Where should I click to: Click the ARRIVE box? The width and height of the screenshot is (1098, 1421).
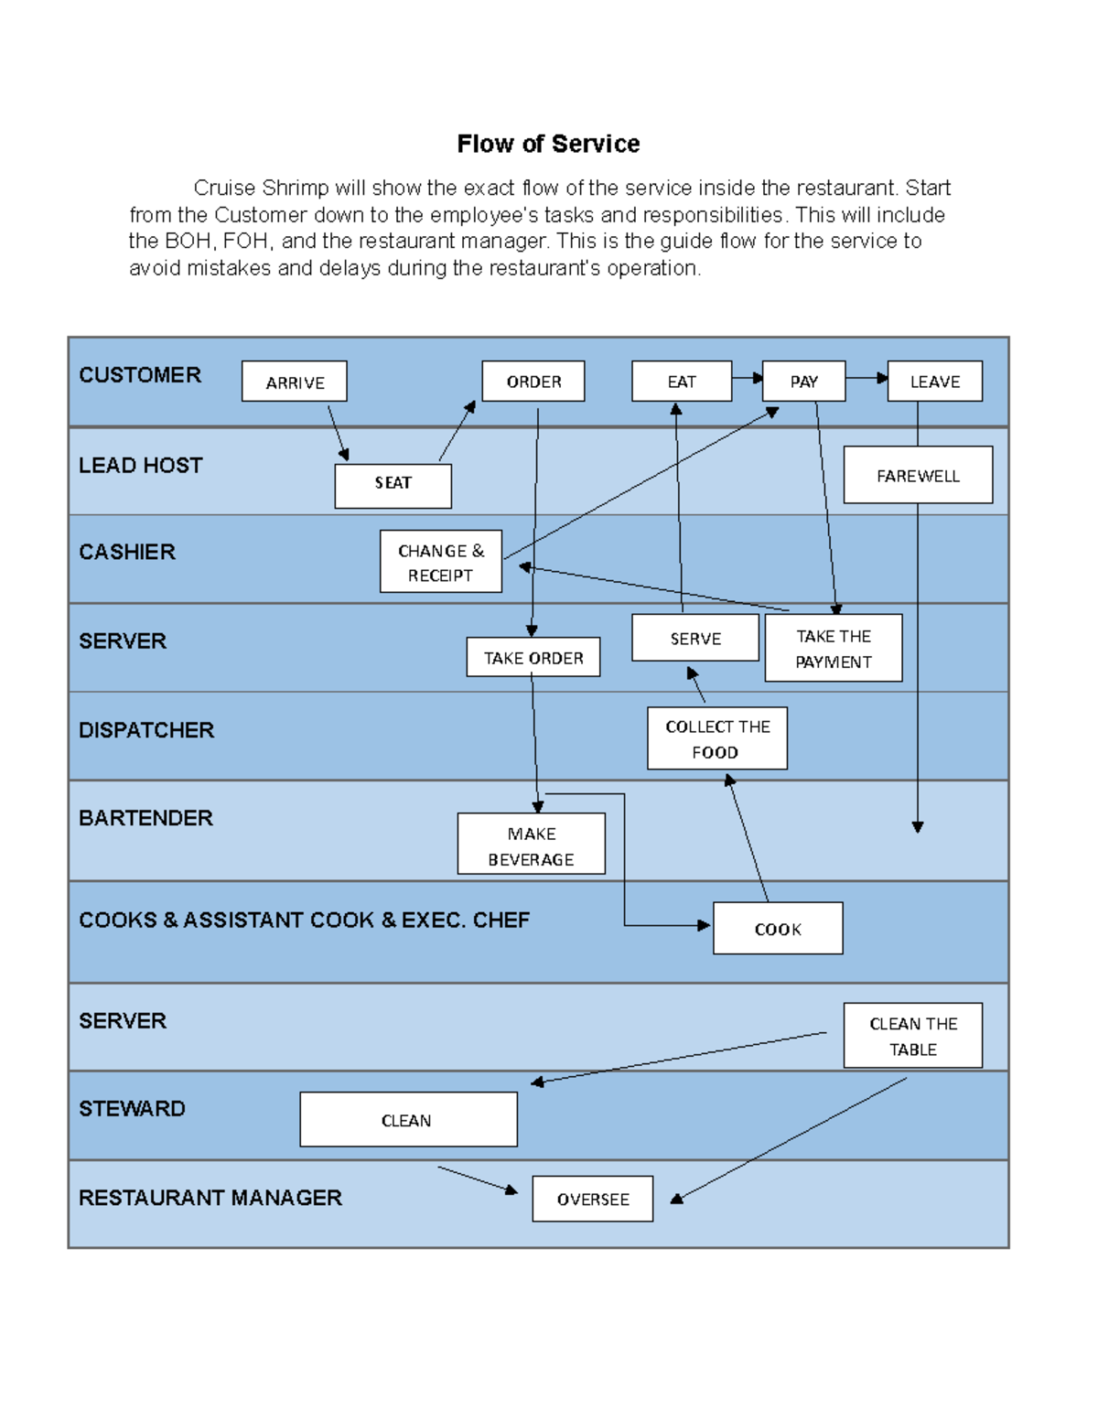(x=294, y=382)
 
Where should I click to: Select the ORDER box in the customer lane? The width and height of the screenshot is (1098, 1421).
(x=533, y=382)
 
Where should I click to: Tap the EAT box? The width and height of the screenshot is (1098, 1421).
(x=682, y=382)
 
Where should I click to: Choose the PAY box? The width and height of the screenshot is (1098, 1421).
(x=803, y=382)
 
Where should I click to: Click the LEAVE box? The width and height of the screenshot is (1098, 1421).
(x=934, y=382)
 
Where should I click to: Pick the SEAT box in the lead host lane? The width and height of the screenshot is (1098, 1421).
(x=393, y=485)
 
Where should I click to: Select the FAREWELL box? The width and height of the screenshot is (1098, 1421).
(x=918, y=475)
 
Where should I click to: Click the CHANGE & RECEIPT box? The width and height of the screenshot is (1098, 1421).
(x=441, y=562)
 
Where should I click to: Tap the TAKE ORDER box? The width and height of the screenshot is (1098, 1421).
(x=533, y=657)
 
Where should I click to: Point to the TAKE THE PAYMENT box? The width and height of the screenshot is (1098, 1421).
(x=834, y=648)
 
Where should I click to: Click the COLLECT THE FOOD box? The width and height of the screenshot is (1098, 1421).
(x=717, y=738)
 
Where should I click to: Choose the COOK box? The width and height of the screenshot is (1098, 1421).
(x=778, y=929)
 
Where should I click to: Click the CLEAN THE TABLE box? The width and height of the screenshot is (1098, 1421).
(x=913, y=1036)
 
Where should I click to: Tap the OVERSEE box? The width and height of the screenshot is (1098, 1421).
(x=593, y=1199)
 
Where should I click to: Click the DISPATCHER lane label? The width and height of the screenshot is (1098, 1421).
(x=146, y=730)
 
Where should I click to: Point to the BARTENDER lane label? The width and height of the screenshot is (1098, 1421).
(x=145, y=818)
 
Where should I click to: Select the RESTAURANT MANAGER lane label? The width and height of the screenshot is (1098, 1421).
(x=210, y=1198)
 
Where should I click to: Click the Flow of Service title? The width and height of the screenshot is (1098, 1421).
(x=548, y=144)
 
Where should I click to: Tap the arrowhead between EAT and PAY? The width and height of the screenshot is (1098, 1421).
(x=758, y=378)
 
